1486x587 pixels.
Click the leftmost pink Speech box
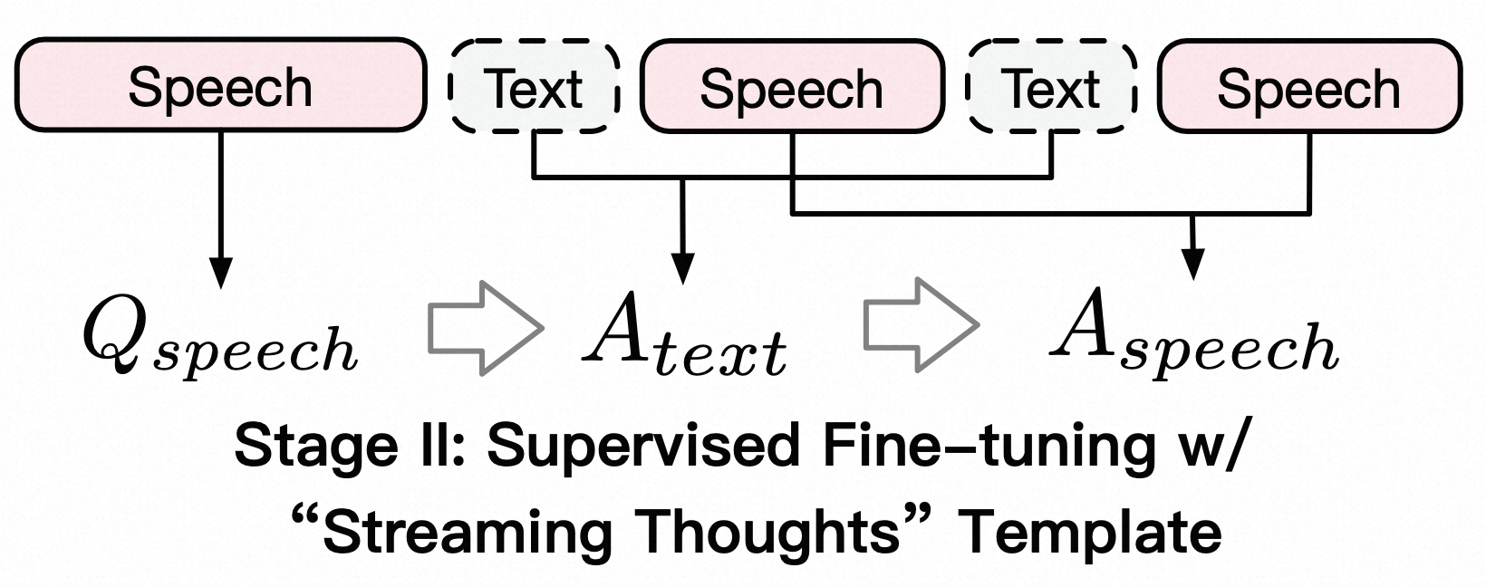coord(220,87)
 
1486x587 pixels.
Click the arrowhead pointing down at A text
coord(684,269)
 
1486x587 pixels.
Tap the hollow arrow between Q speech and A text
coord(484,326)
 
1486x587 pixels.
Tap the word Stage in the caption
coord(300,447)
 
